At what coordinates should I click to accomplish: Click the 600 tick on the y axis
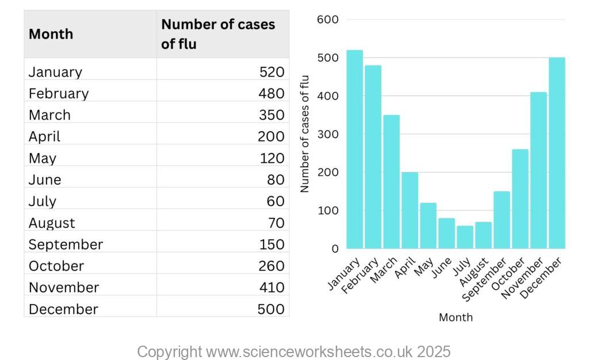327,20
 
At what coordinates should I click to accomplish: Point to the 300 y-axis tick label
327,135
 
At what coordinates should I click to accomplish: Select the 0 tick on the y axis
335,249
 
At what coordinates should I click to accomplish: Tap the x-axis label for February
361,277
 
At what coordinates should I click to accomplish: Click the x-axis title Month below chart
456,317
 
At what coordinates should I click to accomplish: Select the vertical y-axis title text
305,134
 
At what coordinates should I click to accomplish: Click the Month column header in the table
51,34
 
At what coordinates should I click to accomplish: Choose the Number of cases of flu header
218,34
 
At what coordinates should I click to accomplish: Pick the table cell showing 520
271,72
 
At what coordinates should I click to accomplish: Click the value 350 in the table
271,115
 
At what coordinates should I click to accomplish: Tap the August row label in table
52,223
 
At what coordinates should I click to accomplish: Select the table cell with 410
271,287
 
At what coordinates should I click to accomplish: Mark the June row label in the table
45,179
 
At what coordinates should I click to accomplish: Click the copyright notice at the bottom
293,351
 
